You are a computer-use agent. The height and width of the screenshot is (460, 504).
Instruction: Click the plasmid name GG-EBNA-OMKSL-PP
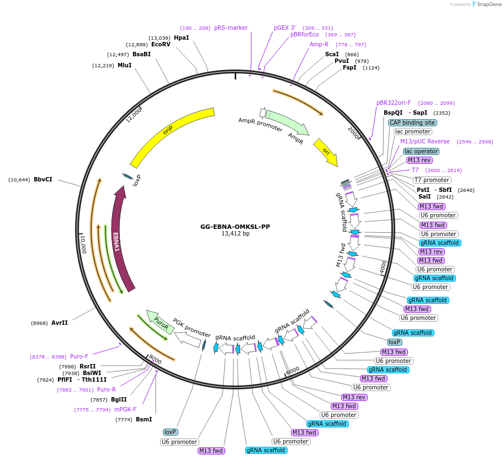point(235,227)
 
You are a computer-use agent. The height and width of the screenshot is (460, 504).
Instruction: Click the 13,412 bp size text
point(235,234)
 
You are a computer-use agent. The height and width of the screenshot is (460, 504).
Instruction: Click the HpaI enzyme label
point(181,38)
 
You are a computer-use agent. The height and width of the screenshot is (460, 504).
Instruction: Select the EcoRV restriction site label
point(161,44)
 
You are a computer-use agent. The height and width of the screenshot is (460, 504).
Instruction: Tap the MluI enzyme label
point(124,65)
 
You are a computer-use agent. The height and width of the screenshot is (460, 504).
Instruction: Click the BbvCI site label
point(43,179)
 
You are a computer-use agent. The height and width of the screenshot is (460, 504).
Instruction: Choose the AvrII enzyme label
point(59,323)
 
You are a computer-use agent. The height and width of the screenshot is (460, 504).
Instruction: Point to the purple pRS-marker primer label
point(231,28)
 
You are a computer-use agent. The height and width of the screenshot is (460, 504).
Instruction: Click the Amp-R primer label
point(319,44)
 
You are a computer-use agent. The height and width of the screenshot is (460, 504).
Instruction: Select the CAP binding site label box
point(412,122)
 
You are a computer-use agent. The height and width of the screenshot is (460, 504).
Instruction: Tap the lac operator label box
point(421,151)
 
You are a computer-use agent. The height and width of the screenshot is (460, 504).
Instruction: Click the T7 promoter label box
point(432,180)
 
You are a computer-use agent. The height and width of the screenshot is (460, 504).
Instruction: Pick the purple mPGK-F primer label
point(125,409)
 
